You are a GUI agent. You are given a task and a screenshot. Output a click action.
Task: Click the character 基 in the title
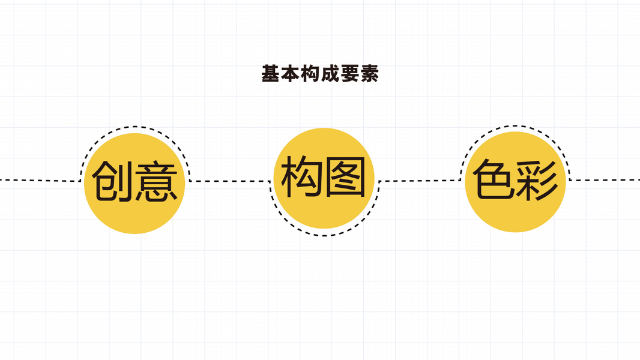click(271, 74)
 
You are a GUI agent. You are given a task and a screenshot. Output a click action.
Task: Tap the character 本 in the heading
click(291, 74)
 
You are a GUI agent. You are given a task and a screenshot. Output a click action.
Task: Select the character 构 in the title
click(310, 74)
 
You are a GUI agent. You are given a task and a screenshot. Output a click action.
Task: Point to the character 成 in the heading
click(330, 74)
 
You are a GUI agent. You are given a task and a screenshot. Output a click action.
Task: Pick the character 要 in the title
click(349, 74)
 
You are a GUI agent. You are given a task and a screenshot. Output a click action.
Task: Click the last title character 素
click(369, 74)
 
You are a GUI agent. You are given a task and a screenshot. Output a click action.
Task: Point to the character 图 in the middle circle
click(345, 178)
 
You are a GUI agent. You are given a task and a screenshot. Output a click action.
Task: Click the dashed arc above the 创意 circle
click(135, 127)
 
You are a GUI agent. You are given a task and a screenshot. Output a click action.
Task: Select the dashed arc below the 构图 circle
click(324, 235)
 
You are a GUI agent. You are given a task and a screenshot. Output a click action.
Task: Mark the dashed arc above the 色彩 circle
click(515, 126)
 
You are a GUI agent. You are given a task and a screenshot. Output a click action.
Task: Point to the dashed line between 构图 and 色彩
click(420, 180)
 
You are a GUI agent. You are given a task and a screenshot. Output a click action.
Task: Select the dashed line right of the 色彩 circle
click(603, 180)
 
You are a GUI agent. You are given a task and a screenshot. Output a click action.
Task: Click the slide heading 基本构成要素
click(320, 74)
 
